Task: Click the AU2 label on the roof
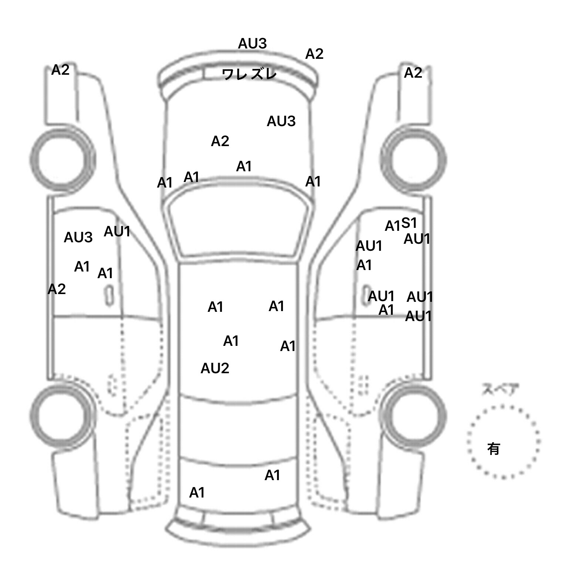coord(215,368)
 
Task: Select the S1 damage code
coord(409,223)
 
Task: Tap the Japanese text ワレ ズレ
coord(250,74)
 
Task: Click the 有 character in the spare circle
coord(494,449)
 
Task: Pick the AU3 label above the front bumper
coord(252,44)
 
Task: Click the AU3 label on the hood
coord(281,121)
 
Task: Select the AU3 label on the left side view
coord(78,237)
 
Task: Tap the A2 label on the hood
coord(220,141)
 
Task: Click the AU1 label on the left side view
coord(117,232)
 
